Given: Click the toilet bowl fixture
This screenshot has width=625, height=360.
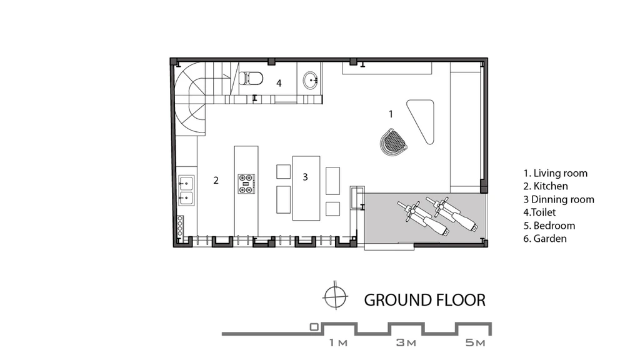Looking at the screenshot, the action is (251, 78).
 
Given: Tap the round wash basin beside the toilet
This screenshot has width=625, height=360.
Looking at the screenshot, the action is (311, 81).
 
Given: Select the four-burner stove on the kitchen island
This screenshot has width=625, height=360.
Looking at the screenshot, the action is (246, 184).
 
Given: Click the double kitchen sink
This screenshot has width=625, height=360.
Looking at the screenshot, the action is (186, 190).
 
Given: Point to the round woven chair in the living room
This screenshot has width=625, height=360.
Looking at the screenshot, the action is (393, 141).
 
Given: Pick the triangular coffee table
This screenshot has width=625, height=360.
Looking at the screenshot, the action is (422, 119).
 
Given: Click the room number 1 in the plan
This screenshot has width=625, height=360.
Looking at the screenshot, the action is (391, 114).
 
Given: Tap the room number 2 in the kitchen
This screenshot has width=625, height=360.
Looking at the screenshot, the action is (216, 181).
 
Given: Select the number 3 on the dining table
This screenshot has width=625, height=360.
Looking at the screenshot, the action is (305, 177).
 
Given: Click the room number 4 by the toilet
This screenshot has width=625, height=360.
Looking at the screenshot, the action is (279, 83).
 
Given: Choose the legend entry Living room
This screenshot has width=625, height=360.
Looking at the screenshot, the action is (555, 173).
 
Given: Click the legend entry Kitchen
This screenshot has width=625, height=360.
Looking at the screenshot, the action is (545, 186).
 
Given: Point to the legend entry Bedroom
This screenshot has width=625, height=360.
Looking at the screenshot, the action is (549, 226).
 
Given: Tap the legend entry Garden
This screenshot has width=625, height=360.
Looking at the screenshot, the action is (545, 239).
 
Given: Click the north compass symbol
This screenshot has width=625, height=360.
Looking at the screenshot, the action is (335, 297).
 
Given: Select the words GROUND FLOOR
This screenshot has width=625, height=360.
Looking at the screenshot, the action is (424, 300).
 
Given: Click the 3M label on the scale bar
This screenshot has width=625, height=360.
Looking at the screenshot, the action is (406, 342).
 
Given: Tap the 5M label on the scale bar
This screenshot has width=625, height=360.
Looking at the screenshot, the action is (475, 342).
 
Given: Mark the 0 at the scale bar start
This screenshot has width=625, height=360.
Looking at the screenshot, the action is (314, 327).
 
